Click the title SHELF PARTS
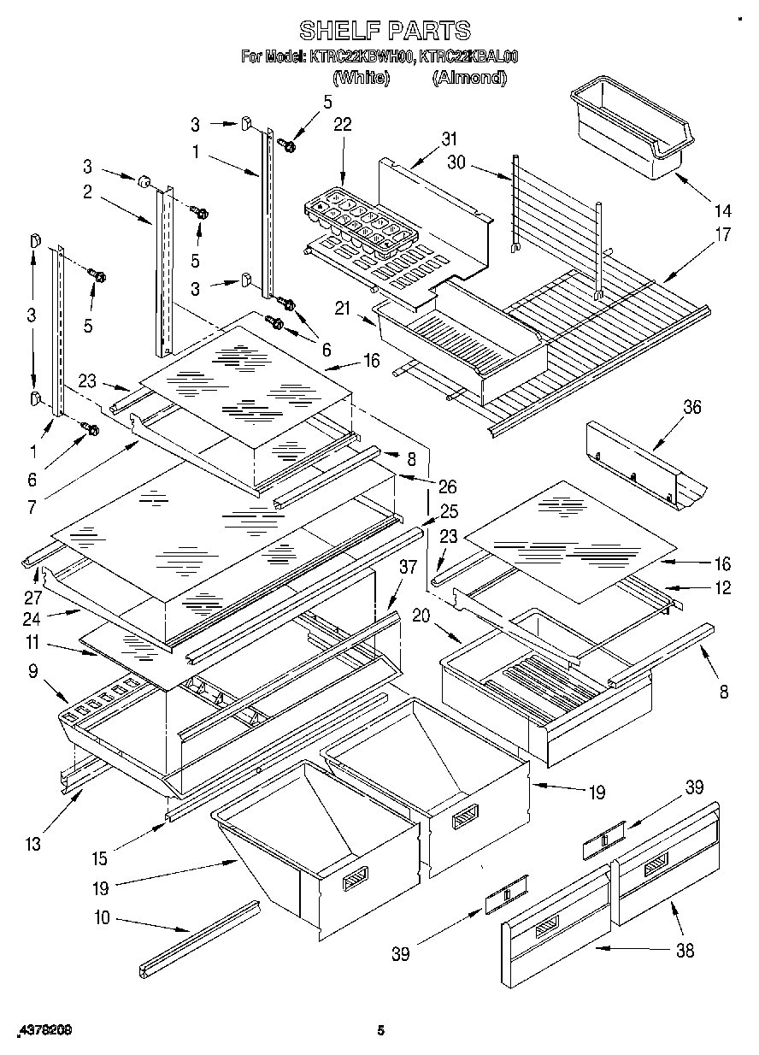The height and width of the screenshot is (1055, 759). pos(384,31)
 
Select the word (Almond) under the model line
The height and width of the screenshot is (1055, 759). pos(468,78)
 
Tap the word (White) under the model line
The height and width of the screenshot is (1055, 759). pos(361,78)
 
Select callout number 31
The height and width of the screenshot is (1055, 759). pos(450,139)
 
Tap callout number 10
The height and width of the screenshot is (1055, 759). pos(102,919)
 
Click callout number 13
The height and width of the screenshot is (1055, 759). pos(32,845)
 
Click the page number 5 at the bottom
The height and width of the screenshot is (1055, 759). pos(382,1031)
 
